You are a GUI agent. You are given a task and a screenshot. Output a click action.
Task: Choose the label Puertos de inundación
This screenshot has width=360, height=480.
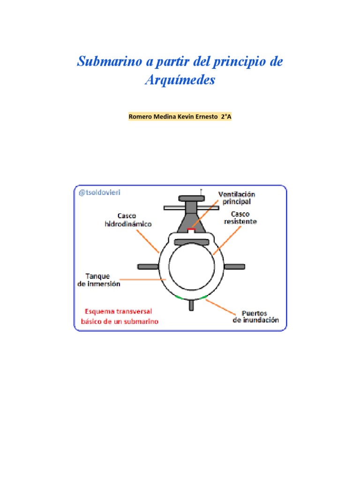(255, 316)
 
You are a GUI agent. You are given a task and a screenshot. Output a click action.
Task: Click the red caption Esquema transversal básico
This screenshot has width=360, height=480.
(121, 316)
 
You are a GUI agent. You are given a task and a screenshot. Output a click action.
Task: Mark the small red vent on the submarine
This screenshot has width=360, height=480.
(191, 230)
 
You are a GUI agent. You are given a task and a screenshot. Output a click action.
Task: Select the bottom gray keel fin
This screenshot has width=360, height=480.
(191, 305)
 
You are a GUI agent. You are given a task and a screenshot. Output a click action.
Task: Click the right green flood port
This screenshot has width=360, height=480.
(203, 297)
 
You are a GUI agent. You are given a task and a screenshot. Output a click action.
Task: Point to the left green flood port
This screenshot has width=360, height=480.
(179, 297)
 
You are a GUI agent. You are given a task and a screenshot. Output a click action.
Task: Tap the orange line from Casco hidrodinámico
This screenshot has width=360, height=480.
(149, 240)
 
